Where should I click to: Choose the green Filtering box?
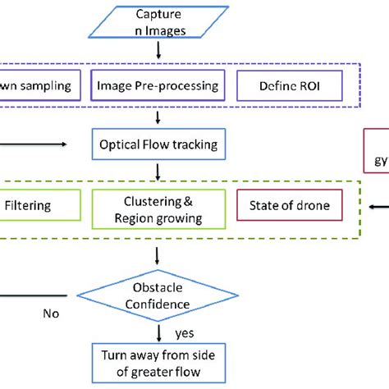(36, 206)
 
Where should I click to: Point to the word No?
(51, 313)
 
